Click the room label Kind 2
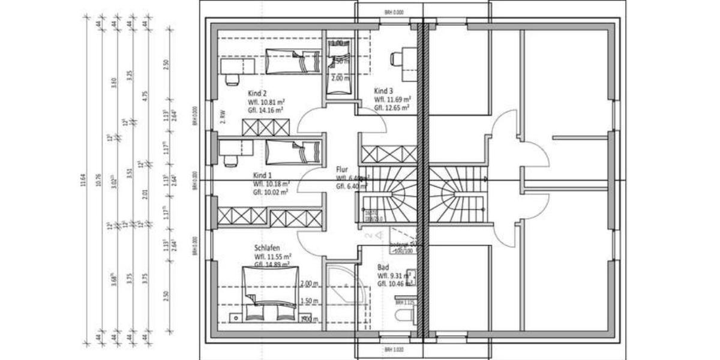coord(257,94)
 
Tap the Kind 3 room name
coord(383,91)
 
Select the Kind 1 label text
coord(262,176)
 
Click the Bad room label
coord(383,268)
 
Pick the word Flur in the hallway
coord(342,170)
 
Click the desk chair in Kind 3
coord(397,59)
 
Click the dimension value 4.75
coord(145,98)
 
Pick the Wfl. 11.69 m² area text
coord(392,100)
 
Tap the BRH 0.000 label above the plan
coord(394,12)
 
